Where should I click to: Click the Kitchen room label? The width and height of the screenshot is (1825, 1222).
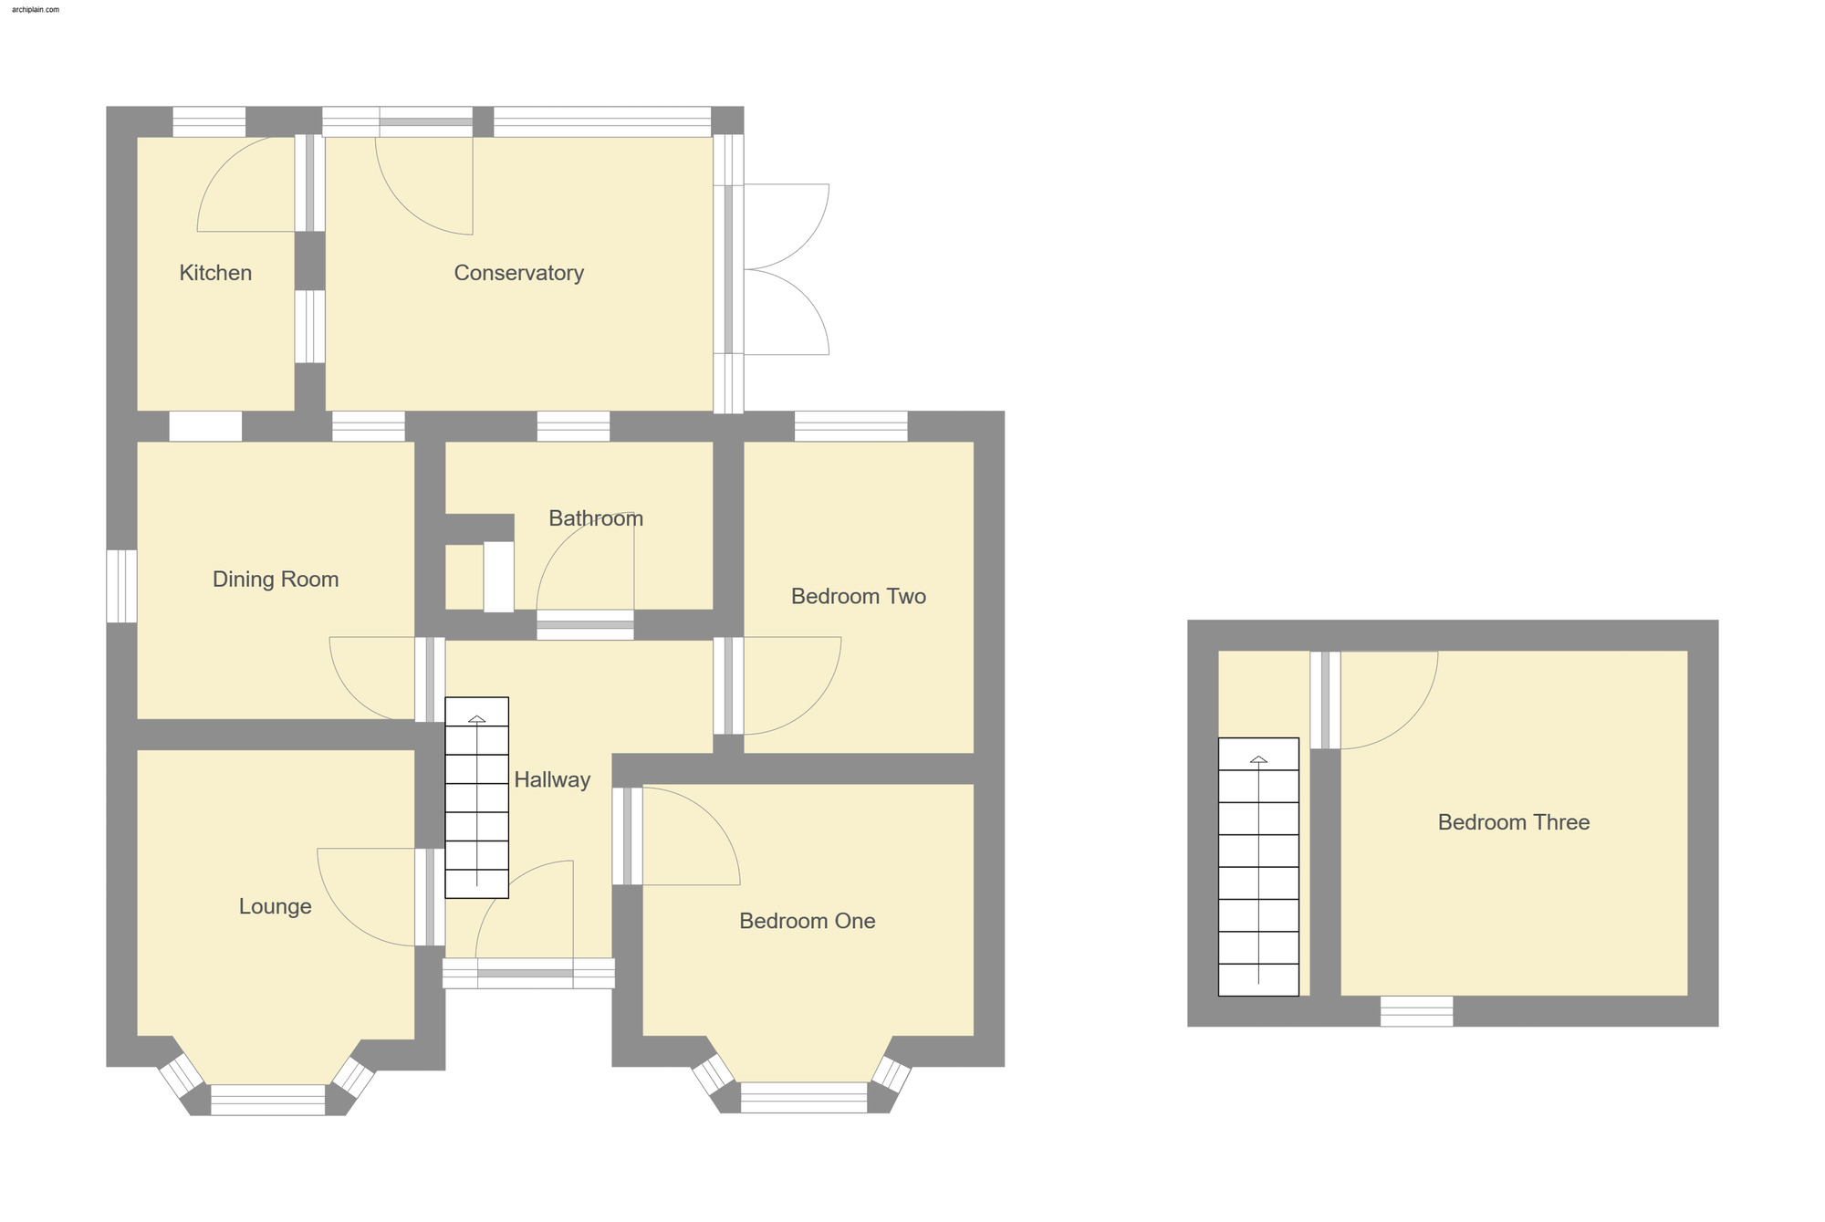pos(215,273)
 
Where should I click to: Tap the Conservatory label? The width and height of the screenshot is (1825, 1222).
pos(518,273)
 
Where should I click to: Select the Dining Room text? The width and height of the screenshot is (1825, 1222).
pos(276,580)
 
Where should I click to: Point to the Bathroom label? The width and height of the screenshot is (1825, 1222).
pos(596,518)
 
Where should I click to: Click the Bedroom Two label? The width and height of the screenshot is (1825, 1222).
pos(858,597)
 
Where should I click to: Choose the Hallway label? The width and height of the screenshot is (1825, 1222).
pos(552,779)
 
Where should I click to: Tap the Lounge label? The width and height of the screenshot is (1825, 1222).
pos(275,906)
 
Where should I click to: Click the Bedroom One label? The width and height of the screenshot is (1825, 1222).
pos(807,921)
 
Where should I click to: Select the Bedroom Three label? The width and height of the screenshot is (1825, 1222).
pos(1513,822)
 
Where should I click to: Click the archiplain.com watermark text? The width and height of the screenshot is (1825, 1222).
pos(36,9)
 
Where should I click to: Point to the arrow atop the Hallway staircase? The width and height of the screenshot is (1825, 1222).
pos(476,720)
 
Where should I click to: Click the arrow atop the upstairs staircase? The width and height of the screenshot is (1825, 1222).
pos(1258,760)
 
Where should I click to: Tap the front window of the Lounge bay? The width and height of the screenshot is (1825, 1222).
pos(267,1099)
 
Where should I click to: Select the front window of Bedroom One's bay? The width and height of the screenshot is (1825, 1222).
pos(803,1097)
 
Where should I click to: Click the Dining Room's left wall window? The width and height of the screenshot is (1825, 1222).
pos(121,586)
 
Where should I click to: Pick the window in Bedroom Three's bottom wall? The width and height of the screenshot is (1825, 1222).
pos(1415,1011)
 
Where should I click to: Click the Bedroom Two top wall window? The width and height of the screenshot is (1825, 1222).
pos(850,426)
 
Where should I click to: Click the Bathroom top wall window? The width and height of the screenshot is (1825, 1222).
pos(573,426)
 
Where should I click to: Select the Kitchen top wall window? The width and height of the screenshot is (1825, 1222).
pos(209,121)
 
